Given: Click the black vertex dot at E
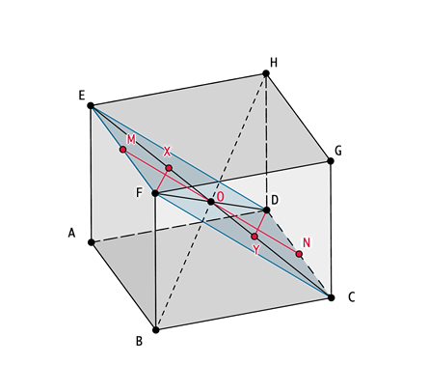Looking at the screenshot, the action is tap(91, 105).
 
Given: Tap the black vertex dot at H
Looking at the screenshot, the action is tap(266, 73).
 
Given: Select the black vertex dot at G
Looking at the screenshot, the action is tap(331, 160).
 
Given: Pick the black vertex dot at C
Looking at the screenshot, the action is tap(332, 297).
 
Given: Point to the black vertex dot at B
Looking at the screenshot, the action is tap(156, 330).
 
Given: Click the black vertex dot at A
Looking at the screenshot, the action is tap(92, 242).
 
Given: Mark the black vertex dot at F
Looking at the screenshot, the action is tap(155, 193).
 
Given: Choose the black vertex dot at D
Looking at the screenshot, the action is tap(266, 210).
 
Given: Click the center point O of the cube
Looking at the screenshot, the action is tap(211, 202).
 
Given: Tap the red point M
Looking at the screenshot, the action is tap(122, 150).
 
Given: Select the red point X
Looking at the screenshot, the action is tap(169, 168).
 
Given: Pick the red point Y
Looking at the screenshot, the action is tap(254, 237).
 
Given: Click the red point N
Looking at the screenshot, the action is tap(299, 254).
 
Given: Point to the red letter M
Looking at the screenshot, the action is tap(131, 139).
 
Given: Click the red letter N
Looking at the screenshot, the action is tap(307, 242).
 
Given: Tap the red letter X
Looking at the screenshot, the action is tap(167, 152).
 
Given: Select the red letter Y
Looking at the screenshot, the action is tap(255, 250).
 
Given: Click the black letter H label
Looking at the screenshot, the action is tap(274, 63).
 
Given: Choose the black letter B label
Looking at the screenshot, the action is tap(139, 341).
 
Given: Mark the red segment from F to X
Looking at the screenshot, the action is tap(162, 181).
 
